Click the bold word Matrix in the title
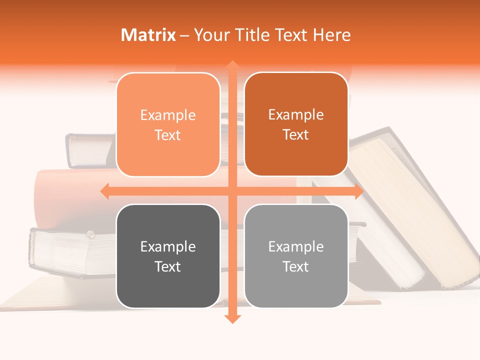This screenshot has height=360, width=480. (x=148, y=35)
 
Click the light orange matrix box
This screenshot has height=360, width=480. (x=168, y=124)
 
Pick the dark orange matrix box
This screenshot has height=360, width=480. (x=296, y=124)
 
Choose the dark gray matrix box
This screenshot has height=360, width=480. (x=168, y=256)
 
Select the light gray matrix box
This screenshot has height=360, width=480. (x=296, y=256)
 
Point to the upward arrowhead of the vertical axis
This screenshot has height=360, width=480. (x=231, y=65)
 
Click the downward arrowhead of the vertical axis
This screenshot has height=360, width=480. (x=231, y=318)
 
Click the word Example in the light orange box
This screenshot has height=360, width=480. (x=168, y=115)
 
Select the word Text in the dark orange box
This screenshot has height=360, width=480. (x=296, y=135)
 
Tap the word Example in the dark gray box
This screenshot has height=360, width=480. (x=168, y=247)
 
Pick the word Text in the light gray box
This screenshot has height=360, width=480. (x=296, y=266)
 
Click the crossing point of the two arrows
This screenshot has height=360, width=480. (x=231, y=191)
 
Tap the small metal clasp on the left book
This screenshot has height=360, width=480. (x=90, y=234)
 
